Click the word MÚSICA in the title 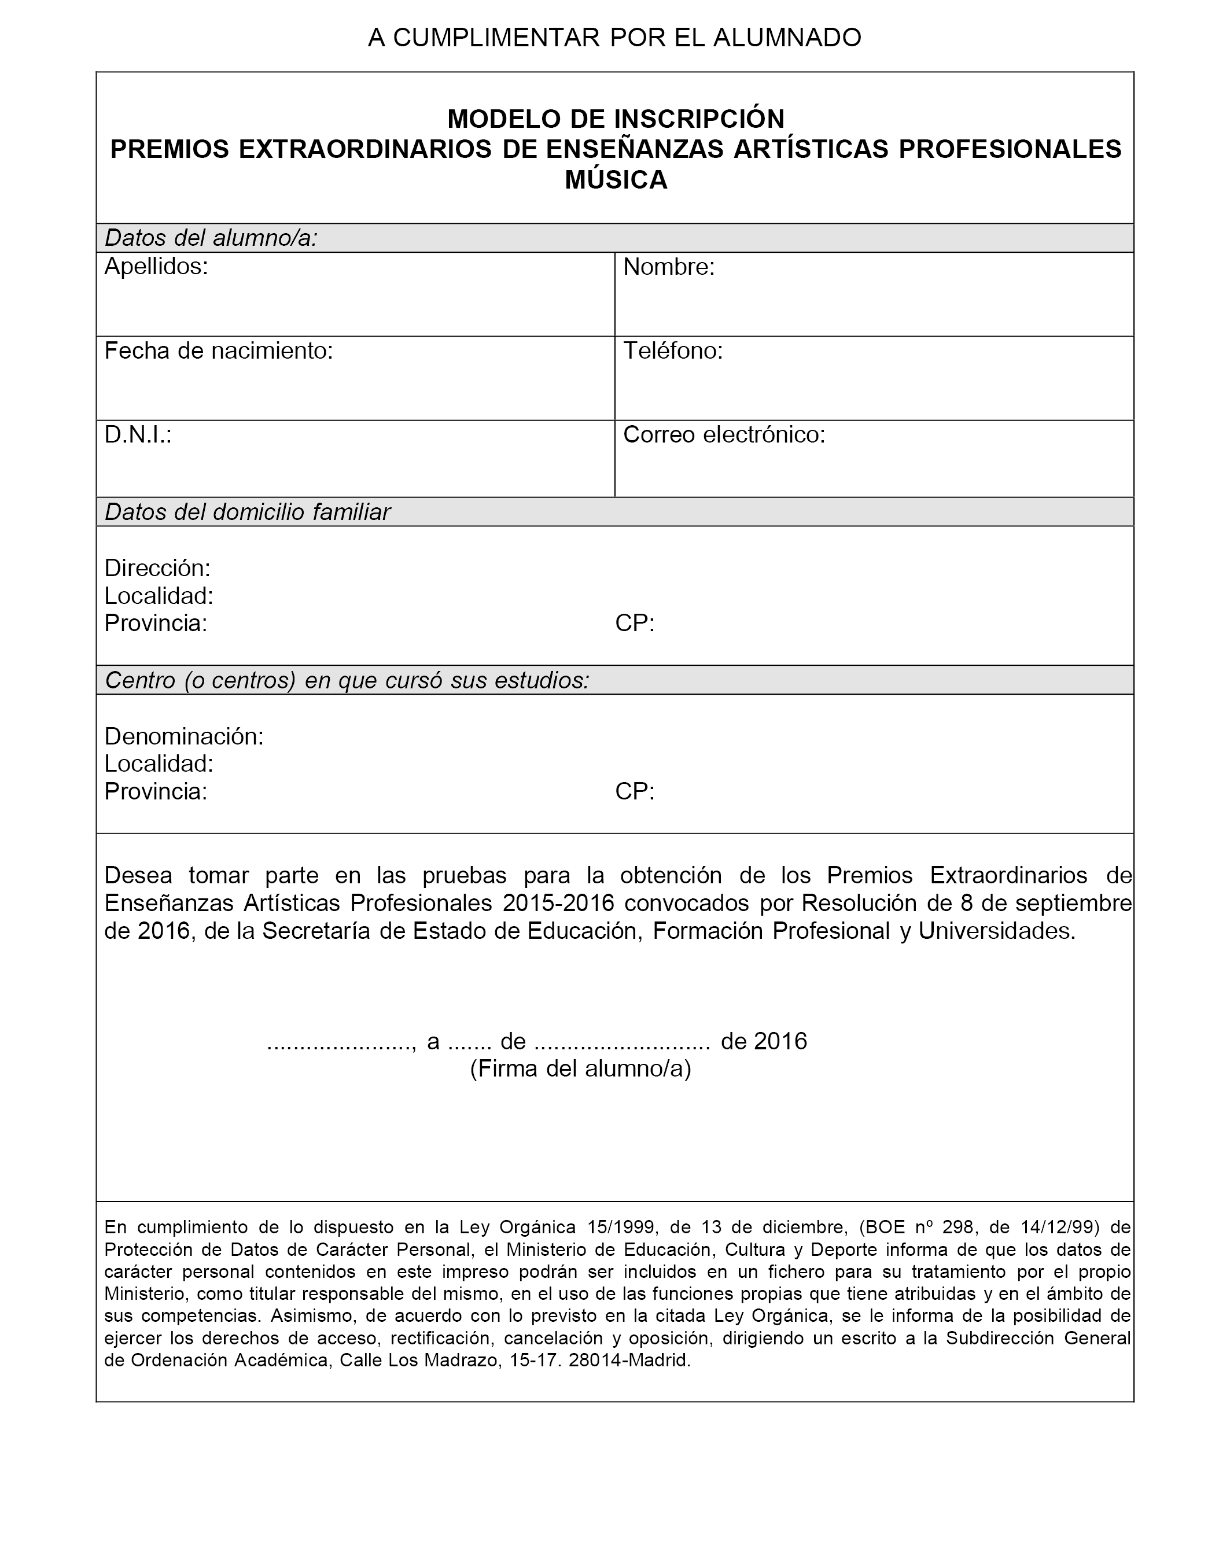(x=616, y=180)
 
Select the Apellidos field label (x=156, y=267)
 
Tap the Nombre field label (x=668, y=267)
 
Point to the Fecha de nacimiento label (x=218, y=351)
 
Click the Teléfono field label (x=673, y=351)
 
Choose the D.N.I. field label (x=138, y=435)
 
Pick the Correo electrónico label (x=724, y=435)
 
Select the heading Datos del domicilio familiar (x=247, y=512)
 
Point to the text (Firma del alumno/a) (x=580, y=1069)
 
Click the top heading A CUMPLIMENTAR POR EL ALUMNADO (x=614, y=38)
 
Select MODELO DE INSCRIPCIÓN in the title (x=616, y=118)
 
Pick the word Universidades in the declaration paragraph (x=997, y=931)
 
